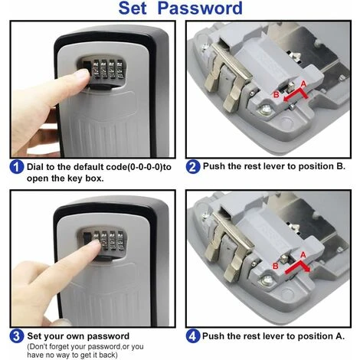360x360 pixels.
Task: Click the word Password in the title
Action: (200, 8)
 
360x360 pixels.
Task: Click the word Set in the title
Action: (133, 8)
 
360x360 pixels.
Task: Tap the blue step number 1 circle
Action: (17, 167)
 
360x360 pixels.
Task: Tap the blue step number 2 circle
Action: (193, 167)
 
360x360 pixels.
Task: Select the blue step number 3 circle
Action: (17, 336)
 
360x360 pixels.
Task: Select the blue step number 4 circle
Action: (193, 336)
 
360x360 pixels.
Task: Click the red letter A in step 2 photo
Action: (303, 84)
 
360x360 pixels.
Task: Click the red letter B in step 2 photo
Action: (277, 95)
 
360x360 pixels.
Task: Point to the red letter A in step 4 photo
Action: (303, 255)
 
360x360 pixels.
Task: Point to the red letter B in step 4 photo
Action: (276, 267)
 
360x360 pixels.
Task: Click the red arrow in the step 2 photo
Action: (296, 95)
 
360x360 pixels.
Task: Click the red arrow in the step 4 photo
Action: (298, 266)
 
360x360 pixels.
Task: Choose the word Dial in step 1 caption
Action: (35, 167)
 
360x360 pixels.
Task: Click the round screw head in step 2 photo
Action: (266, 110)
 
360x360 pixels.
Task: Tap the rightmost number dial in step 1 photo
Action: (119, 69)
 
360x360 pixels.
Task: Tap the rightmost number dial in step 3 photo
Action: (119, 241)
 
